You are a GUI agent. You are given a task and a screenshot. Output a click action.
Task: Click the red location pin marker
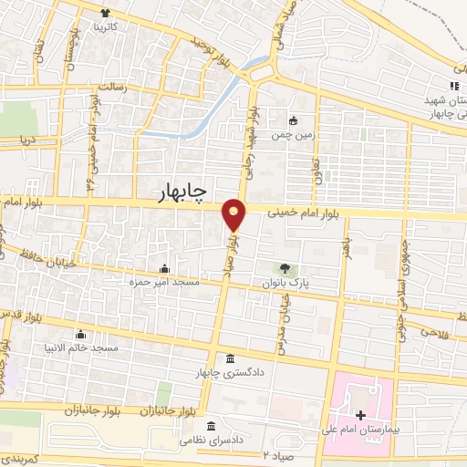tap(234, 215)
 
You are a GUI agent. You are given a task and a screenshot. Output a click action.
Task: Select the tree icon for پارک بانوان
tap(285, 268)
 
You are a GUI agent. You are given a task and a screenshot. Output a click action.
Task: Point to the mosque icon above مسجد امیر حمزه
tap(164, 268)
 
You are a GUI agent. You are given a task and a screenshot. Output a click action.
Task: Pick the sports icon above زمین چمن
tap(294, 119)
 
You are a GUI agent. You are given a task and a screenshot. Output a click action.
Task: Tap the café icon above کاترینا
tap(107, 14)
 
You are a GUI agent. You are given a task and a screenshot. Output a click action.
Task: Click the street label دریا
tap(31, 140)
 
